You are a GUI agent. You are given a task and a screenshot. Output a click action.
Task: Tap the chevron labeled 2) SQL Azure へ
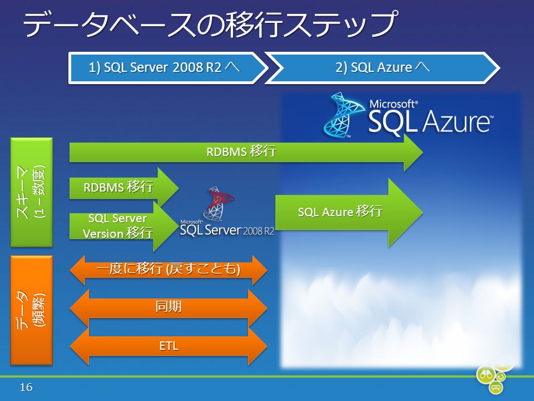382,68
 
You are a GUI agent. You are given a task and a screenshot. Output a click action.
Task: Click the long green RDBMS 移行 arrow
246,152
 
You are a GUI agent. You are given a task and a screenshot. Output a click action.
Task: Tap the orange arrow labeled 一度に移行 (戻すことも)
168,270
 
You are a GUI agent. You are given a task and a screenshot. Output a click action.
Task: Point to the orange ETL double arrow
168,346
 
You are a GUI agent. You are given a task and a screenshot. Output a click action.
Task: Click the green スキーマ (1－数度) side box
32,192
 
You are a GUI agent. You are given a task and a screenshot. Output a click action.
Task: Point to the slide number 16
26,388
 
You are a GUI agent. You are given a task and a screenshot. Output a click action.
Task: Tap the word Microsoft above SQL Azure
394,104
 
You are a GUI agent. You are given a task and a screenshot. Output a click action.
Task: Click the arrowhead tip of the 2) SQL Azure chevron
500,68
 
